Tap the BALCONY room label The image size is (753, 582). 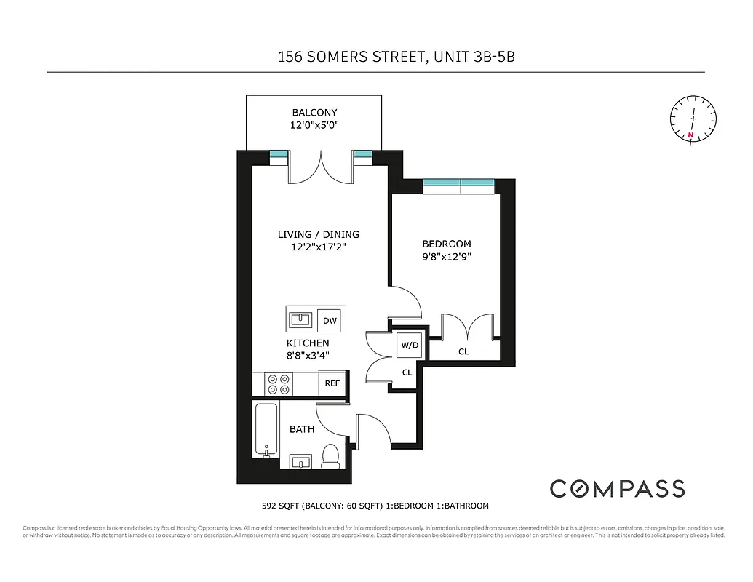tap(314, 113)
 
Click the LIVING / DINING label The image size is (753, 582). tap(318, 234)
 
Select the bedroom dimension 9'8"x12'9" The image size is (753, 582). tap(447, 256)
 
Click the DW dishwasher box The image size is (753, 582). tap(330, 320)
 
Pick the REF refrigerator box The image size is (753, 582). tap(332, 383)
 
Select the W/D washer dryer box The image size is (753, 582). tap(408, 345)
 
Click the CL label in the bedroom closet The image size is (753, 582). tap(463, 352)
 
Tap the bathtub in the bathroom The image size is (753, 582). tap(265, 430)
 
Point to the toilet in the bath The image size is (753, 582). tap(331, 455)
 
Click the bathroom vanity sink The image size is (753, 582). tap(300, 461)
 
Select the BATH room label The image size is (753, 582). tap(302, 429)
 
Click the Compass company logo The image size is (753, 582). tap(617, 488)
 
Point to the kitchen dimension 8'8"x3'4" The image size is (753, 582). tap(308, 356)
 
